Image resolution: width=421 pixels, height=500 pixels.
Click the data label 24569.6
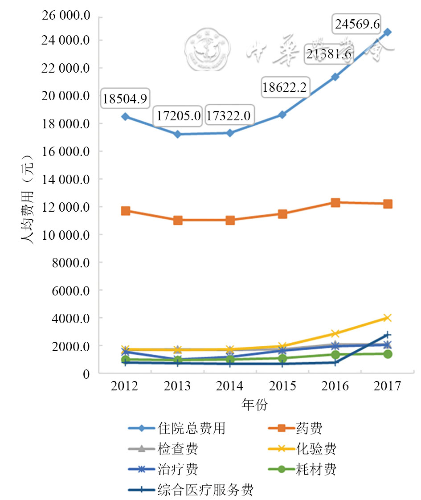tap(357, 24)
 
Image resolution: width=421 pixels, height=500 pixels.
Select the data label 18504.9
tap(125, 98)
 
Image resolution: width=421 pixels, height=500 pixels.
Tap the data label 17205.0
tap(178, 117)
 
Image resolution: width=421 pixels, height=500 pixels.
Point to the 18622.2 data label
tap(285, 88)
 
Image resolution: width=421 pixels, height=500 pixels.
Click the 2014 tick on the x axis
tap(230, 386)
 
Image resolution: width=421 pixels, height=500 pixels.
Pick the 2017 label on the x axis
tap(388, 386)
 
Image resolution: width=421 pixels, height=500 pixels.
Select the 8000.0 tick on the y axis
tap(74, 262)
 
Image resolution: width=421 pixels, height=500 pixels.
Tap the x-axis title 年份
tap(255, 404)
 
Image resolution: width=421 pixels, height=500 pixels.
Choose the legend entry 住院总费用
tap(191, 428)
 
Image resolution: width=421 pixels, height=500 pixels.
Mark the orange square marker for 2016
tap(335, 203)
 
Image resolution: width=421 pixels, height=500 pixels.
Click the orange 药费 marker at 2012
tap(126, 211)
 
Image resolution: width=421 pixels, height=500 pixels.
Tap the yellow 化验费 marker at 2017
tap(388, 318)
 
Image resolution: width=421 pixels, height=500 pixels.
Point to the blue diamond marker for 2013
tap(178, 134)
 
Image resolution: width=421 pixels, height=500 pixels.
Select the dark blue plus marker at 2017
tap(388, 335)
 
